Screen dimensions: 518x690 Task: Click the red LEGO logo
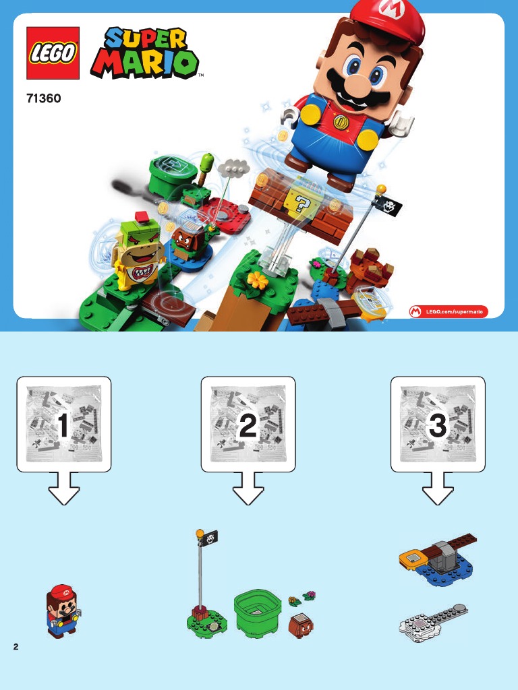53,53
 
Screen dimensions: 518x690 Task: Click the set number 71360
44,98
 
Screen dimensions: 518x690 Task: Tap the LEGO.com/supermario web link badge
449,311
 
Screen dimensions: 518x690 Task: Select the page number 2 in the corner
16,646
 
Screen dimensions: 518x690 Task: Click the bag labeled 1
64,425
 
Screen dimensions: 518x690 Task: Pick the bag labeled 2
248,425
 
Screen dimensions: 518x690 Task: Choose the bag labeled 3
438,425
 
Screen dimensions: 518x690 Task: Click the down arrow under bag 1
64,489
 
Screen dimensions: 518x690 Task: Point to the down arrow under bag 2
248,489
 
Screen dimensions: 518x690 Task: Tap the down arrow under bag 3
438,489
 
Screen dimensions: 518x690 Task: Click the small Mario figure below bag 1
63,610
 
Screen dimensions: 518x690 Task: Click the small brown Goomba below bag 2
301,625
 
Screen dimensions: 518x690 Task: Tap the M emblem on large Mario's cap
388,6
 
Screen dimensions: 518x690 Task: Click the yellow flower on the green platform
257,280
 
